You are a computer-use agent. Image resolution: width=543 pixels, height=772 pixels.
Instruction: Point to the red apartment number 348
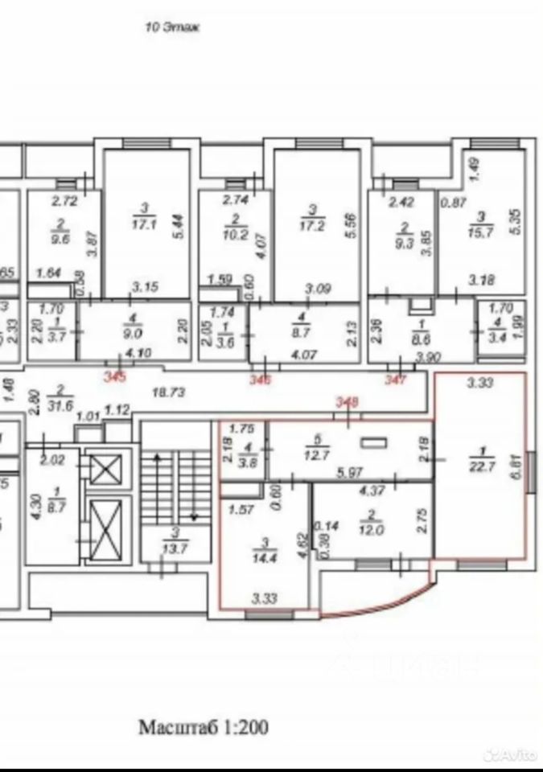coord(347,403)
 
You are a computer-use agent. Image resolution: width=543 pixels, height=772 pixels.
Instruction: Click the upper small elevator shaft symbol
coord(104,469)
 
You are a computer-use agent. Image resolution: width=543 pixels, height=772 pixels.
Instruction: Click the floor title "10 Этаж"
coord(171,27)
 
